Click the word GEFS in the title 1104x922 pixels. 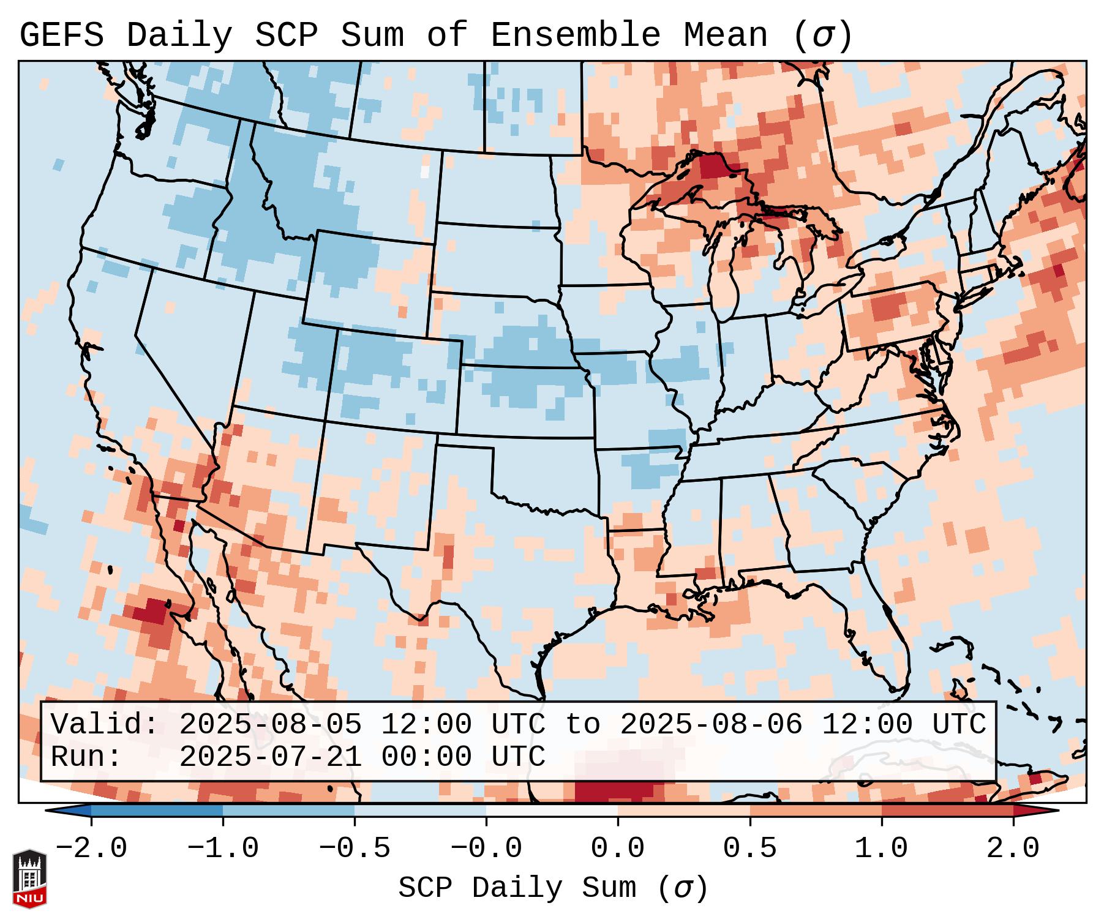61,36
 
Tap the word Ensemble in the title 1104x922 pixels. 575,36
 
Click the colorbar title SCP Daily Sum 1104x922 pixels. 517,888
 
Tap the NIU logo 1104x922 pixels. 29,879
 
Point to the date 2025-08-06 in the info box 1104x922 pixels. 711,725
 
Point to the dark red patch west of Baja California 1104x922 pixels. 150,612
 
